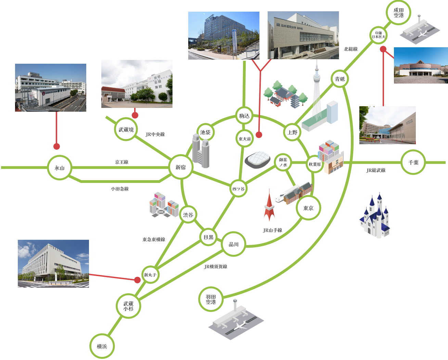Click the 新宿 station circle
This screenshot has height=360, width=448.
pos(181,167)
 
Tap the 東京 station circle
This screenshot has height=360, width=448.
pos(308,208)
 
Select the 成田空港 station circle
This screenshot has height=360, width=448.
pos(398,13)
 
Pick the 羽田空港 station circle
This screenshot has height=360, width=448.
pos(211,299)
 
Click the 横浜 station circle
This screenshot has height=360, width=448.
pos(102,346)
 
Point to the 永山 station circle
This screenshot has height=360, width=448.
pos(60,168)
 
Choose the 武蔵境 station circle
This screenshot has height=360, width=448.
pos(126,129)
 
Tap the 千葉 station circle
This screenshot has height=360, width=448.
pos(413,162)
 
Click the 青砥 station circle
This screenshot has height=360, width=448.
pos(340,79)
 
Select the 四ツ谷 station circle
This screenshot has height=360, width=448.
pos(238,189)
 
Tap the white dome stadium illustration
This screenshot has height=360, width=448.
pos(258,160)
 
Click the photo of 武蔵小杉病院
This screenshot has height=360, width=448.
pos(53,263)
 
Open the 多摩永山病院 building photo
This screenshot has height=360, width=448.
pos(51,87)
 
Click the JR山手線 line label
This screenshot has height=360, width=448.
pos(272,230)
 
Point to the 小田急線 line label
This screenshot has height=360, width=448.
pos(120,189)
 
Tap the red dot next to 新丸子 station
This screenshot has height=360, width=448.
pos(137,280)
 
